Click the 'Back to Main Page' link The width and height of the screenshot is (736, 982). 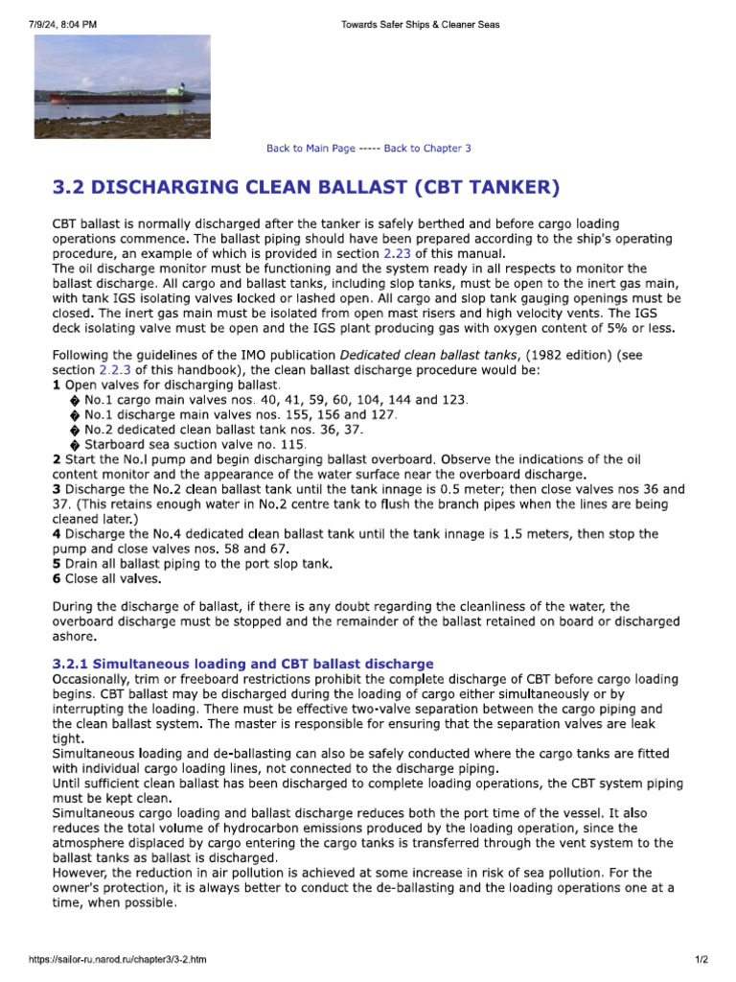tap(310, 149)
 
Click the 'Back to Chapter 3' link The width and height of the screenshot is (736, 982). tap(427, 149)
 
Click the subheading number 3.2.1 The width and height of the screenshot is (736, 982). tap(70, 664)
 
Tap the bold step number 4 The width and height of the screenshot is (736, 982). tap(56, 533)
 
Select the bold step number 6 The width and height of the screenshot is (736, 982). tap(56, 579)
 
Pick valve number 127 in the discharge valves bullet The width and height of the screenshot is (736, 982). tap(381, 414)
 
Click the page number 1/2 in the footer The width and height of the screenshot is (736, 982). tap(701, 959)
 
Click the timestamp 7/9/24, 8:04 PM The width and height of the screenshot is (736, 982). tap(62, 24)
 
